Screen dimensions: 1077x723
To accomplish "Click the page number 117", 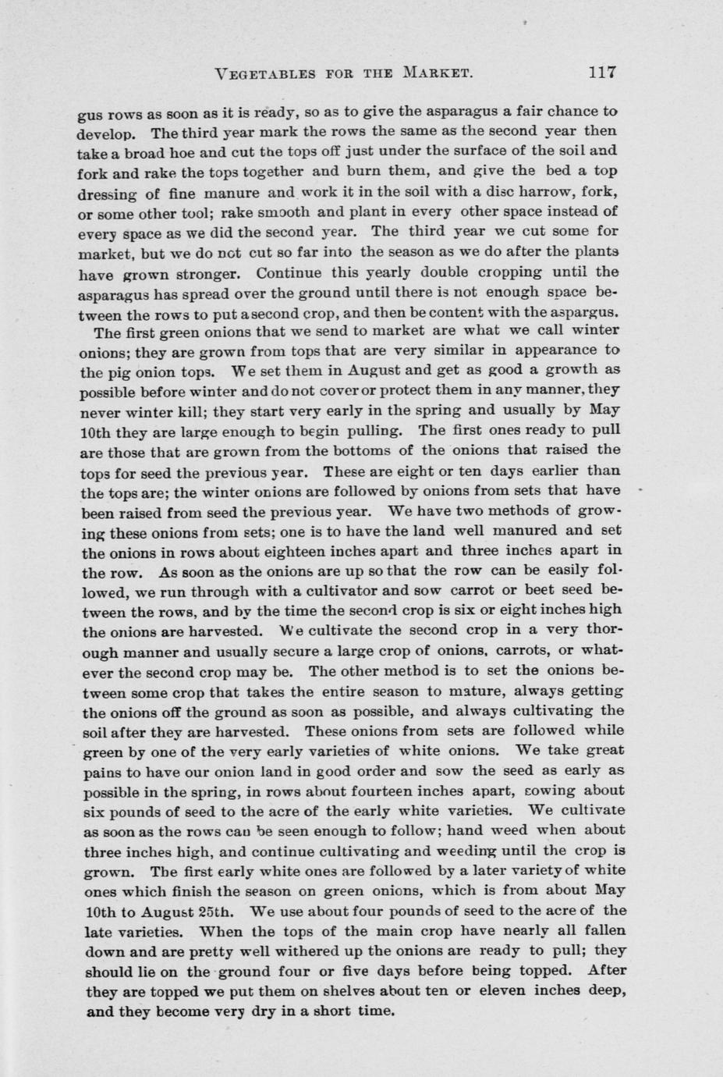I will point(603,73).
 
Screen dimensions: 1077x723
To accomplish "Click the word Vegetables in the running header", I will point(265,74).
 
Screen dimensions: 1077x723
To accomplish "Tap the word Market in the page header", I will point(437,74).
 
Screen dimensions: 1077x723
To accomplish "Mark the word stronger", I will point(207,274).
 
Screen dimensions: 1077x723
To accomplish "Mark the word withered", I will point(285,951).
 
